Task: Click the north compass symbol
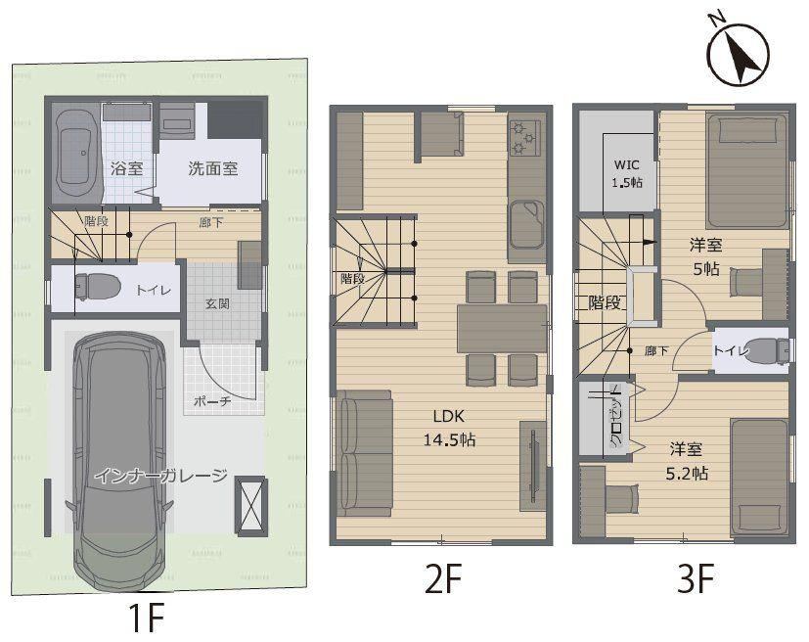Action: tap(738, 52)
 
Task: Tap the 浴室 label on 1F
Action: tap(126, 168)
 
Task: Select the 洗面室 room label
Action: tap(212, 168)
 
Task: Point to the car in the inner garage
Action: tap(119, 461)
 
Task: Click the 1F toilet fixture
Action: tap(97, 287)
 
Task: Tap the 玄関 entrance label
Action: tap(217, 304)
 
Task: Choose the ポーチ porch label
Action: tap(212, 401)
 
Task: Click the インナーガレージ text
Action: tap(160, 476)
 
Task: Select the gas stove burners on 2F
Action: tap(524, 138)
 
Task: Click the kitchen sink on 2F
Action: tap(526, 225)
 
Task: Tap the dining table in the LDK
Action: tap(502, 329)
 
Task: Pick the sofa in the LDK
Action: tap(364, 452)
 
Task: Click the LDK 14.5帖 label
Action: tap(449, 428)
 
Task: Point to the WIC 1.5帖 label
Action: tap(627, 173)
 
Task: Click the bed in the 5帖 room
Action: tap(746, 171)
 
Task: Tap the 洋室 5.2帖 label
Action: tap(686, 461)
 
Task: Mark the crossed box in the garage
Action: tap(251, 504)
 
